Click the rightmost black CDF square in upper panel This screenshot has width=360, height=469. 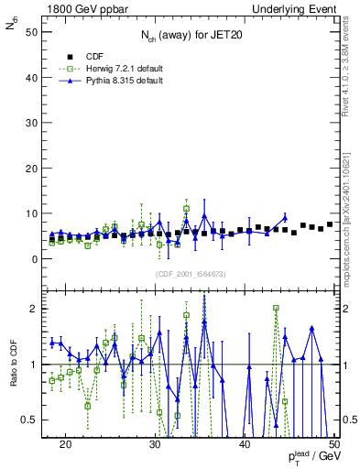pos(330,224)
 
